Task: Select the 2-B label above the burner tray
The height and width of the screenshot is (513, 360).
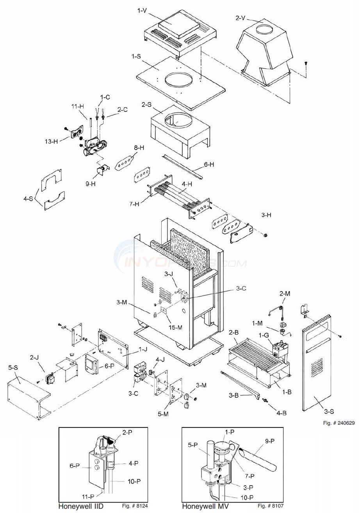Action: point(234,332)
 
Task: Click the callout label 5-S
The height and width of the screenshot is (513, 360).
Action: point(13,367)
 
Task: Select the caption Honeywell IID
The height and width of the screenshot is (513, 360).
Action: point(81,506)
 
